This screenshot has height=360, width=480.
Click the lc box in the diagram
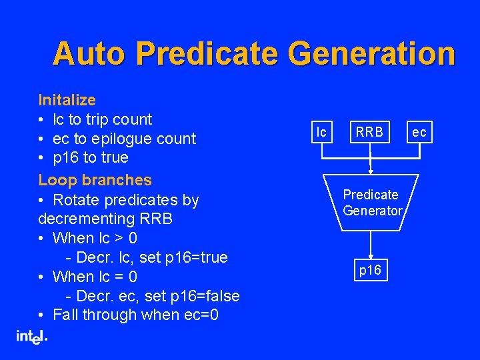coord(322,132)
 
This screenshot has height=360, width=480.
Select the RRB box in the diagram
coord(369,132)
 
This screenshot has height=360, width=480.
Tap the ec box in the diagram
coord(419,132)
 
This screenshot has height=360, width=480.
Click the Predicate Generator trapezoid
coord(372,203)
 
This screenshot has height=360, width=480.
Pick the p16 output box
coord(371,270)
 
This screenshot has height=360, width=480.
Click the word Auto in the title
coord(85,54)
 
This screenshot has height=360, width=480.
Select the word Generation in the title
coord(382,54)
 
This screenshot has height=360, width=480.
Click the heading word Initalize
coord(67,100)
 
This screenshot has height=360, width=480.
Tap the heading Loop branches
coord(95,180)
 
